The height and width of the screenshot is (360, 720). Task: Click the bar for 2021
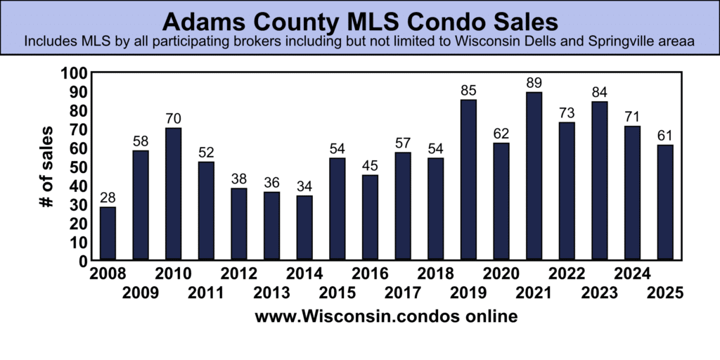(x=534, y=176)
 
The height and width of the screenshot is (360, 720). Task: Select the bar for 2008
(x=108, y=233)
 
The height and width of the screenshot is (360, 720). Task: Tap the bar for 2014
(x=304, y=227)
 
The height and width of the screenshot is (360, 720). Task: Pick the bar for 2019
(x=468, y=179)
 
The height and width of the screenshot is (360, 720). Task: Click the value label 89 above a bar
(x=534, y=83)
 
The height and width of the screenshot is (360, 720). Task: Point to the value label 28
(x=108, y=198)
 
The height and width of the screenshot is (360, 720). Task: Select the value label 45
(x=370, y=166)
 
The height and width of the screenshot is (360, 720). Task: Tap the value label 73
(x=567, y=113)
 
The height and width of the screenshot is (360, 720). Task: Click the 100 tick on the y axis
(x=74, y=73)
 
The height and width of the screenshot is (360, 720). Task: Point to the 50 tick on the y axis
(x=77, y=167)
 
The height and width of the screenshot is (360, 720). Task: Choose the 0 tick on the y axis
(x=82, y=261)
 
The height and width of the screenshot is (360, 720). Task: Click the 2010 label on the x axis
(x=172, y=274)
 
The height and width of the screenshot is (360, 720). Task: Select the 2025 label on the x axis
(x=666, y=292)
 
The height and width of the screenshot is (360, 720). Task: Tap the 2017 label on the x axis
(x=404, y=292)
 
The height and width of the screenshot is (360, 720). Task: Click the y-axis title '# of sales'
(x=46, y=166)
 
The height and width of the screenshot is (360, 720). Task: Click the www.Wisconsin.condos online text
(x=386, y=317)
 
